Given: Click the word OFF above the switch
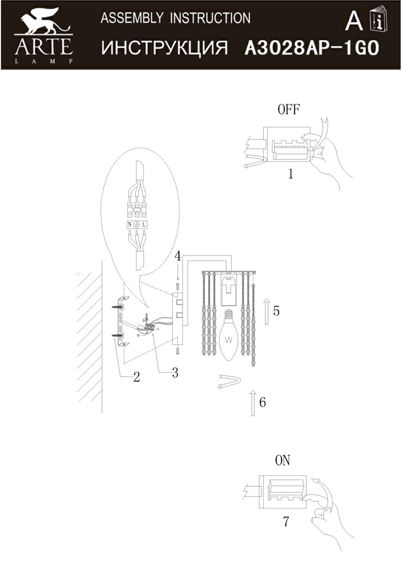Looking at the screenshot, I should tap(288, 110).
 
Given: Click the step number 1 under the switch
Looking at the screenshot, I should tap(291, 173).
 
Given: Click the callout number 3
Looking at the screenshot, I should tap(175, 373).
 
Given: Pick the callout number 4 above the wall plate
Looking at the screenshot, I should tap(178, 255).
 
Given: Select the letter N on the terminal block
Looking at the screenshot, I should tap(130, 224).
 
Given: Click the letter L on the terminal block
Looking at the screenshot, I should tap(144, 224).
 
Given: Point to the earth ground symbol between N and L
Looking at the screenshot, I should tap(136, 224).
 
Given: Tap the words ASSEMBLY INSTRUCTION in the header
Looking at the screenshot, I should tap(175, 18).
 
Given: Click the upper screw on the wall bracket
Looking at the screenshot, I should tap(120, 308).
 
